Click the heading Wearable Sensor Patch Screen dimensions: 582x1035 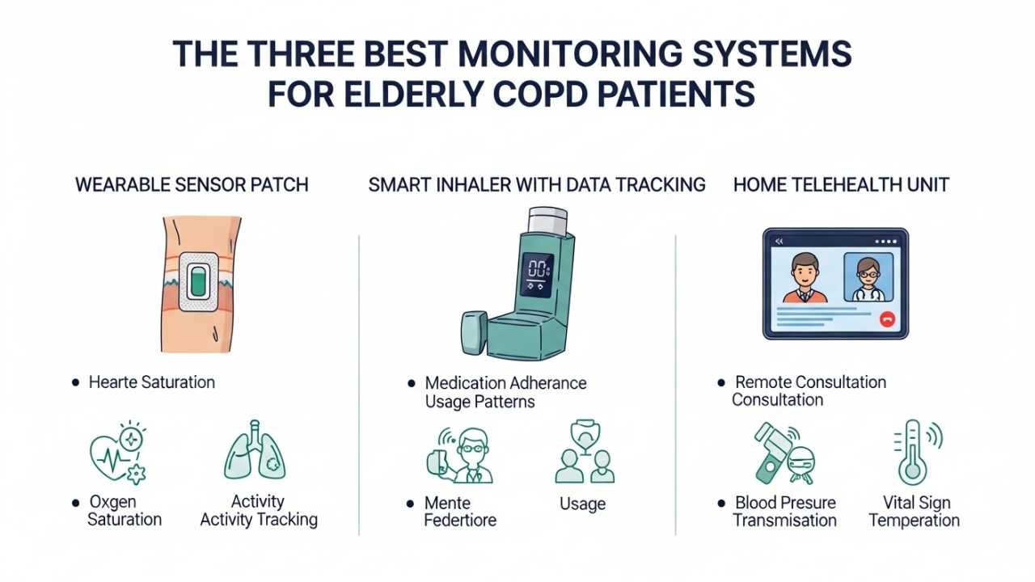[x=192, y=185]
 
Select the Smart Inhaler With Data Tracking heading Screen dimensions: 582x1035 [x=537, y=185]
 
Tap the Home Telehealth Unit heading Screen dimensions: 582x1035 [x=841, y=185]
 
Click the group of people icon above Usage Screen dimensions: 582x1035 [x=584, y=453]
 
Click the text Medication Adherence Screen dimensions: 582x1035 [x=506, y=382]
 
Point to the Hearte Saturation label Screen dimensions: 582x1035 [x=151, y=382]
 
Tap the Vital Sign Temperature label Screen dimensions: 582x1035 [x=914, y=511]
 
